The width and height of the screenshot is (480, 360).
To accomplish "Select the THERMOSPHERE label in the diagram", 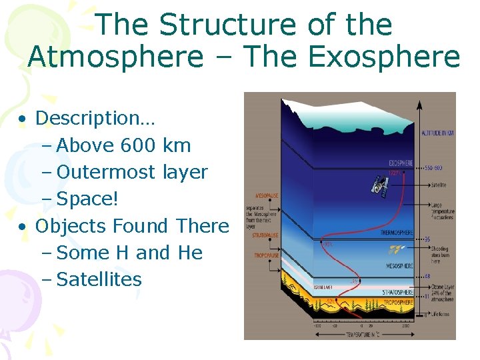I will (x=398, y=233).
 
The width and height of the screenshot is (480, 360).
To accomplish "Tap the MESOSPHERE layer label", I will (x=401, y=265).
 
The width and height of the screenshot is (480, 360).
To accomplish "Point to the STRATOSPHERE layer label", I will (x=398, y=292).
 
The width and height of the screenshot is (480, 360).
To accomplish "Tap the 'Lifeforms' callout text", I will (x=440, y=313).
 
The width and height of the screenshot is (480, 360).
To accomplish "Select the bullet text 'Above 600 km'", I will (x=124, y=145).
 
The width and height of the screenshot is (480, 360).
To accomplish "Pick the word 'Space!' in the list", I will (x=83, y=199).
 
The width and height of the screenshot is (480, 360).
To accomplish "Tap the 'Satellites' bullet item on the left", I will (x=99, y=279).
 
